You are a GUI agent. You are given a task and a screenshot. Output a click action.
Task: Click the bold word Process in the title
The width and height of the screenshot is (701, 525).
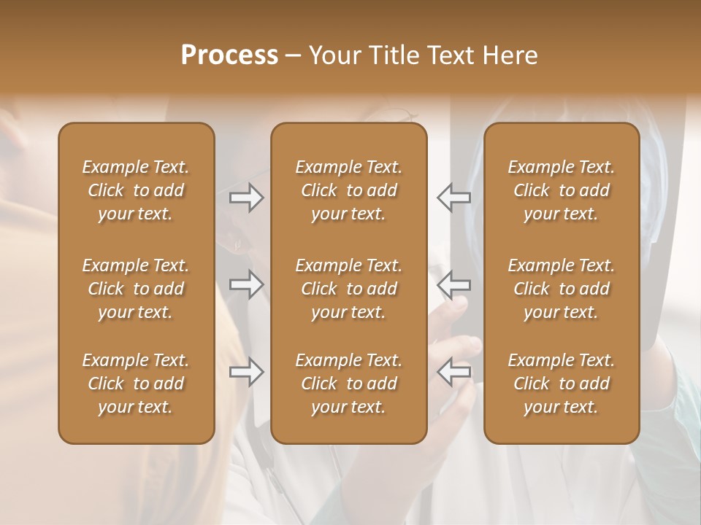229,55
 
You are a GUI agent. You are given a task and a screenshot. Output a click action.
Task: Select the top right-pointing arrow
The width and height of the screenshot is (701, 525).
247,198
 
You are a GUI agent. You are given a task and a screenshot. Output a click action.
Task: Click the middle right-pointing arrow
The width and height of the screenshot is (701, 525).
247,284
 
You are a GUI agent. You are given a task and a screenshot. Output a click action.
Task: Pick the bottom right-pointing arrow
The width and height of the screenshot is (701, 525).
247,372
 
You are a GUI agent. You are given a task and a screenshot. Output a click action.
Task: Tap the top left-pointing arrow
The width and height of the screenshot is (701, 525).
454,198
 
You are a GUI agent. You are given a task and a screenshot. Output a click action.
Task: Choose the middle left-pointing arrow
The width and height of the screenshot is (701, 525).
454,284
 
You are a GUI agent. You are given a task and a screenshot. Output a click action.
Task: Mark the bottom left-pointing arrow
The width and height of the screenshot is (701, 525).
454,372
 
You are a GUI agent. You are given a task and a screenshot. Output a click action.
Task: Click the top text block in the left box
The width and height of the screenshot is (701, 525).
136,190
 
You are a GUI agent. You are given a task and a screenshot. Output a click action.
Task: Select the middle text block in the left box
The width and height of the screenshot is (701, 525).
136,289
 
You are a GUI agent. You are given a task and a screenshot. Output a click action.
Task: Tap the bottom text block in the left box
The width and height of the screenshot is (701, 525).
136,384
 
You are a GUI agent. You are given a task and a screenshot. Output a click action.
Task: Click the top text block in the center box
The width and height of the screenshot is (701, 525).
348,190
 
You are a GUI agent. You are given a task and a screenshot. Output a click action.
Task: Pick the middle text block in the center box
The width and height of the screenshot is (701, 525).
348,289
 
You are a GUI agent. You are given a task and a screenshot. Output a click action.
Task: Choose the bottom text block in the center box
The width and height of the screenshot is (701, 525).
348,384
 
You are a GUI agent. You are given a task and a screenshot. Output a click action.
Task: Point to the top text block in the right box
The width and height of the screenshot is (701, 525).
562,190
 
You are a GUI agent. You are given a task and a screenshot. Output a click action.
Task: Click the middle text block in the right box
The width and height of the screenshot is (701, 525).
562,289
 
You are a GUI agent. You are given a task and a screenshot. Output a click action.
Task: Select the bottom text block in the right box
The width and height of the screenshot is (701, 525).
562,384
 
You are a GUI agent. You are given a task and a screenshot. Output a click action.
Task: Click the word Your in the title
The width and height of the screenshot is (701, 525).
333,55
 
